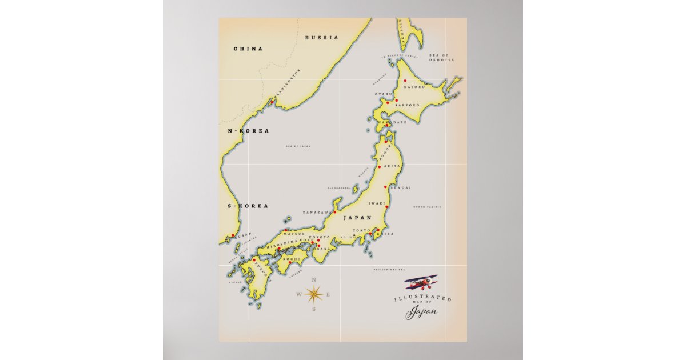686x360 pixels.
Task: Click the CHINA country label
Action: click(x=248, y=49)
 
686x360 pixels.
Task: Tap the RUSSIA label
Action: click(x=321, y=38)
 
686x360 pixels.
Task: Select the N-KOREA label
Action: click(x=248, y=131)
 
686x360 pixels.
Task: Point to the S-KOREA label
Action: click(x=248, y=205)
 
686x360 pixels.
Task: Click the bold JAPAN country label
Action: click(x=357, y=218)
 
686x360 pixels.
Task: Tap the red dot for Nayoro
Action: click(x=405, y=81)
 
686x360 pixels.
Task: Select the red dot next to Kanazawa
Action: click(x=335, y=212)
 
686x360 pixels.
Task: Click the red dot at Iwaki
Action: click(x=387, y=207)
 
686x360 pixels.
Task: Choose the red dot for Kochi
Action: click(x=290, y=262)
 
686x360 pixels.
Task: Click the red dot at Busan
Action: click(x=233, y=235)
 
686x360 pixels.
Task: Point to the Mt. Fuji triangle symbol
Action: click(x=354, y=235)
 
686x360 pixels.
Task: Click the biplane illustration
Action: click(x=422, y=282)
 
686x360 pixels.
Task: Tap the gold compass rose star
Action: click(x=314, y=294)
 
